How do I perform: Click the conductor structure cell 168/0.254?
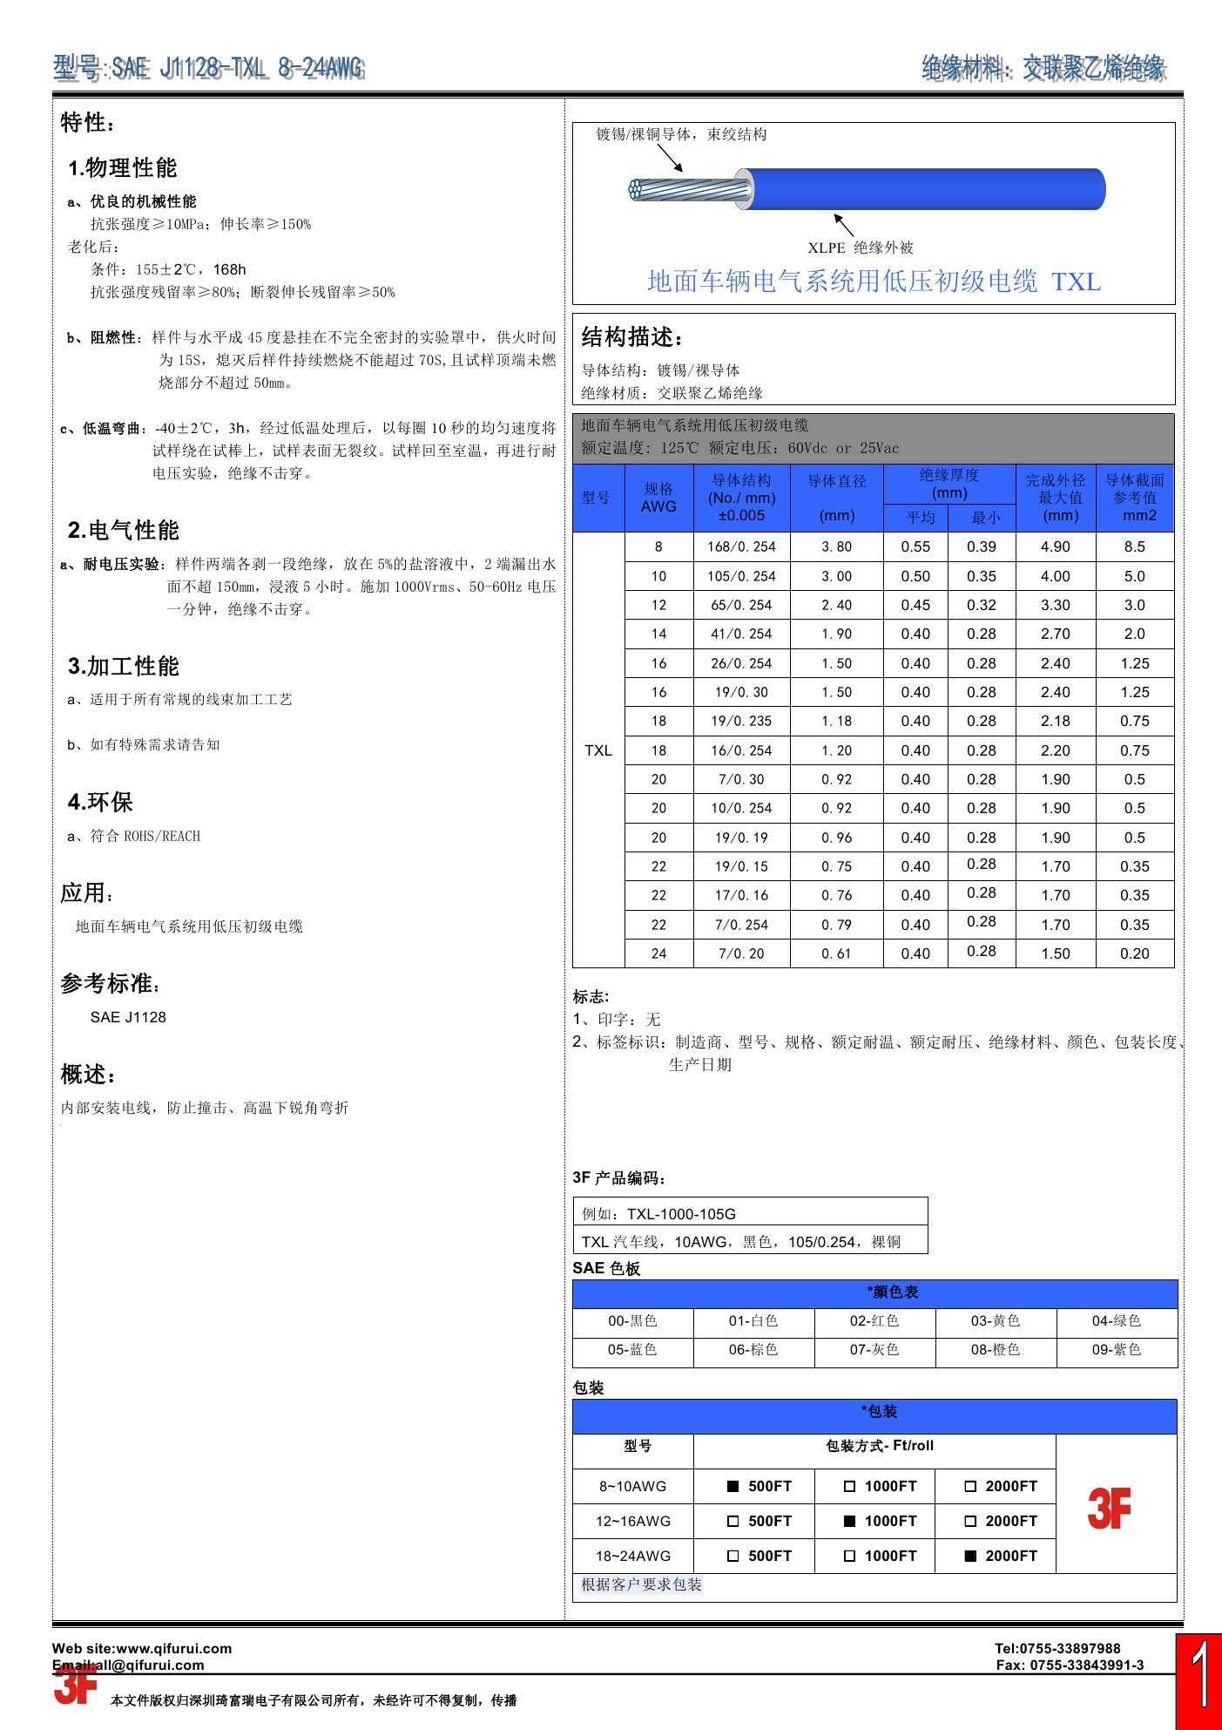point(741,546)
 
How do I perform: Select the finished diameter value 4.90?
point(1055,546)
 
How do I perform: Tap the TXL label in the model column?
point(598,750)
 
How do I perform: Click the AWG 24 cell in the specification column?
point(658,953)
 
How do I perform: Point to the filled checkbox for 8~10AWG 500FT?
point(733,1487)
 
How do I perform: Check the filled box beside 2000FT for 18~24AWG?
point(970,1556)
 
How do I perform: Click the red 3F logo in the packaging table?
point(1109,1509)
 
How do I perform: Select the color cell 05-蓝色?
point(632,1350)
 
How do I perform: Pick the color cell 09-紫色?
point(1117,1350)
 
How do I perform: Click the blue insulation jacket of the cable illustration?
point(923,189)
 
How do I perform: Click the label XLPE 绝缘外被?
point(861,248)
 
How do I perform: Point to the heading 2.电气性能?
point(123,530)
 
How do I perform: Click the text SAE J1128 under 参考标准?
point(128,1017)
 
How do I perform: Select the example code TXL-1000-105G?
point(681,1214)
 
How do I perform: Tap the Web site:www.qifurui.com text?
point(142,1648)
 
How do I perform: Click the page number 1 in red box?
point(1198,1678)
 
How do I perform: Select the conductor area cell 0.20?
point(1134,953)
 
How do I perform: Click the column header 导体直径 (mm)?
point(836,498)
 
